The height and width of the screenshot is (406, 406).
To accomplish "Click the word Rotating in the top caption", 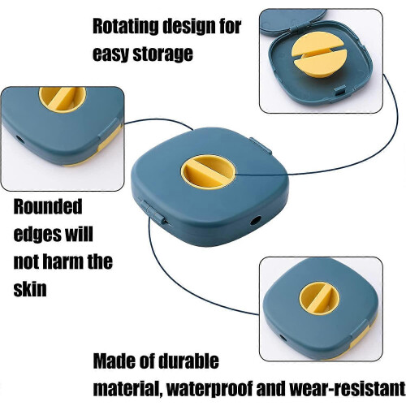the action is click(x=126, y=27).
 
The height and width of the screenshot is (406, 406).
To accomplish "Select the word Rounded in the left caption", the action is click(x=48, y=206).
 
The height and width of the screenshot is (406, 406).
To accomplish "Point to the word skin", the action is click(x=30, y=289).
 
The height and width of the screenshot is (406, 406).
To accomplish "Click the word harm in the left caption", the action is click(x=63, y=261).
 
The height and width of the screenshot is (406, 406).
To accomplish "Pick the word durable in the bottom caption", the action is click(x=188, y=361).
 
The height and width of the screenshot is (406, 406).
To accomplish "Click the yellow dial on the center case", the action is click(x=208, y=172).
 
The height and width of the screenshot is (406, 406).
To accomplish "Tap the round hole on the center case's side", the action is click(x=256, y=220).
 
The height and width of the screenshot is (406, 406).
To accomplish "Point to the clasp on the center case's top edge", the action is click(x=261, y=145).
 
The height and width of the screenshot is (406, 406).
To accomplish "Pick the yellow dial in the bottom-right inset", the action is click(x=319, y=299).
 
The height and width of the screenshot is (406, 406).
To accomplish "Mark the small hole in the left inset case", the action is click(x=20, y=140).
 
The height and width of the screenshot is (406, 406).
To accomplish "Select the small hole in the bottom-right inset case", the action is click(x=283, y=338).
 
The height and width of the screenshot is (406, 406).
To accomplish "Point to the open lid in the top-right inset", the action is click(x=293, y=19).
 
